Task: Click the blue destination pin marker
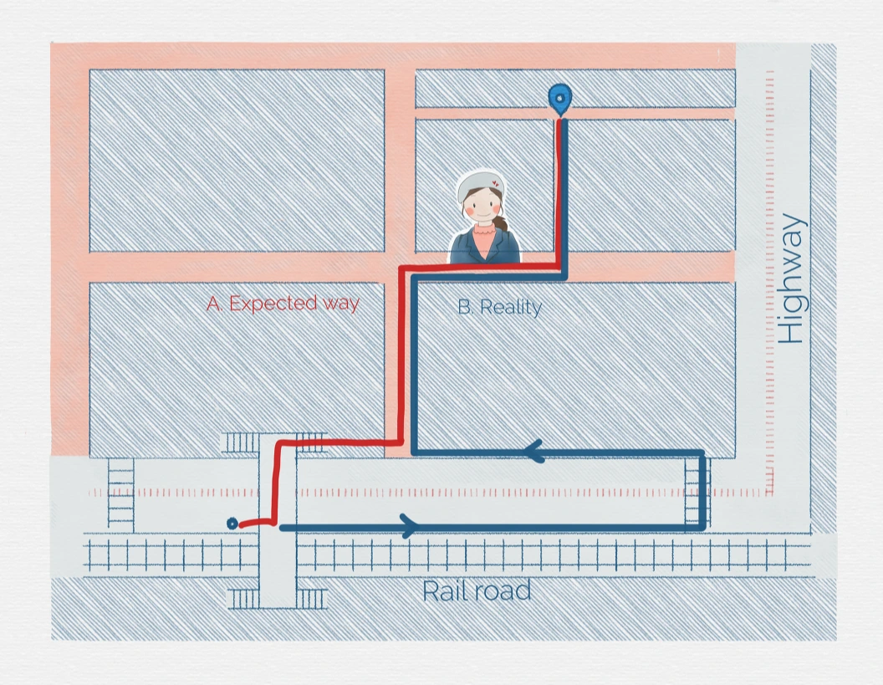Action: (559, 98)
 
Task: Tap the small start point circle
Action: (232, 523)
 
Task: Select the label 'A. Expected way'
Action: (283, 303)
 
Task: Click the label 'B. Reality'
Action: (499, 307)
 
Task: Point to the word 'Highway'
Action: (791, 279)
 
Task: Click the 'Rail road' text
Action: (476, 591)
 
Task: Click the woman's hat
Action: (479, 184)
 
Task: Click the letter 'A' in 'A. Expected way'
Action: (213, 303)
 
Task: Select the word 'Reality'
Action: (511, 307)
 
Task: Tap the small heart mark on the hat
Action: (496, 181)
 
